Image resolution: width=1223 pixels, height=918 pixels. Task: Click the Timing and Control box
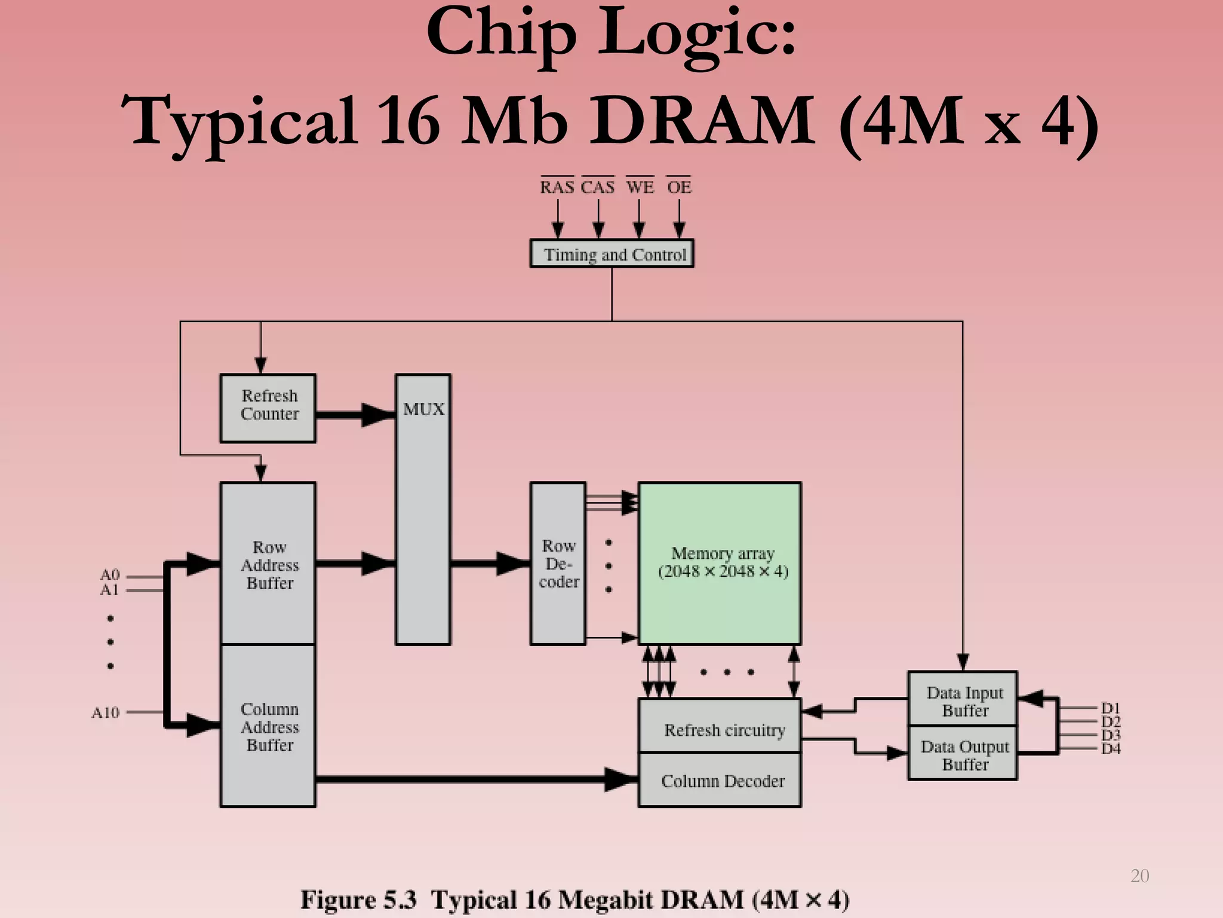pyautogui.click(x=612, y=254)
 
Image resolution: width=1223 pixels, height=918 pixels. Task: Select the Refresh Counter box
pyautogui.click(x=268, y=408)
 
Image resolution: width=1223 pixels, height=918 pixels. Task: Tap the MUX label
pyautogui.click(x=423, y=409)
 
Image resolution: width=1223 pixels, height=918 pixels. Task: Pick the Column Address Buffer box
pyautogui.click(x=268, y=726)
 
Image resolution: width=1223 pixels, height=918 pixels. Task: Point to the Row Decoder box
pyautogui.click(x=558, y=564)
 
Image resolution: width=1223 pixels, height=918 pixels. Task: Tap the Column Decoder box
pyautogui.click(x=720, y=781)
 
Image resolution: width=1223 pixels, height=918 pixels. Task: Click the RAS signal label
pyautogui.click(x=557, y=187)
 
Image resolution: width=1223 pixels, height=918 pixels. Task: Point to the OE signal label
pyautogui.click(x=679, y=187)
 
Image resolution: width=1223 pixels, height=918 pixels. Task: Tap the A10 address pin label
pyautogui.click(x=106, y=712)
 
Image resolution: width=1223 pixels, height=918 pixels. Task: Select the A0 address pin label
pyautogui.click(x=110, y=575)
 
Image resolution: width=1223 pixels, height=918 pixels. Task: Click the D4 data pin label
pyautogui.click(x=1111, y=749)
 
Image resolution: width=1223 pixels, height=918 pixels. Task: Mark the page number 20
pyautogui.click(x=1139, y=876)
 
